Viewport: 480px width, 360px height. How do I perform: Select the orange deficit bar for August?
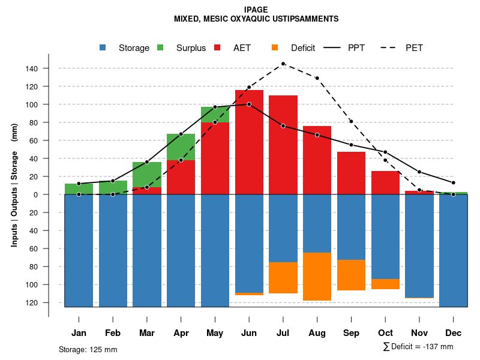317,277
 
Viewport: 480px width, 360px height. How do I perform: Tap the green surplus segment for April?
181,147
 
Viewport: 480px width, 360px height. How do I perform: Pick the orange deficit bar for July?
283,278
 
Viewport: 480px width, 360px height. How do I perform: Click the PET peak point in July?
283,64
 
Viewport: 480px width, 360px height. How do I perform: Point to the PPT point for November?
419,172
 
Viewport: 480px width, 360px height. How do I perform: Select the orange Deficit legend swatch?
275,48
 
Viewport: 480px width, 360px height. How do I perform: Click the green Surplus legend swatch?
160,48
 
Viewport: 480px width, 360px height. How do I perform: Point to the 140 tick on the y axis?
32,68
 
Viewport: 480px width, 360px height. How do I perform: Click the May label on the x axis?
215,333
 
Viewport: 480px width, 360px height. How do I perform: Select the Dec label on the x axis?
454,333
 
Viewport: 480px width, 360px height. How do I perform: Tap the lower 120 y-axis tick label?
32,302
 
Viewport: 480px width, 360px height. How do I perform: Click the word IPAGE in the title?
256,10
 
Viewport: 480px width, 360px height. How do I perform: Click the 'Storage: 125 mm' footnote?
88,349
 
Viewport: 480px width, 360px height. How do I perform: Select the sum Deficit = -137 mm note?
418,347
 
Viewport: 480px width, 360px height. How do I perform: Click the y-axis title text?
14,184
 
